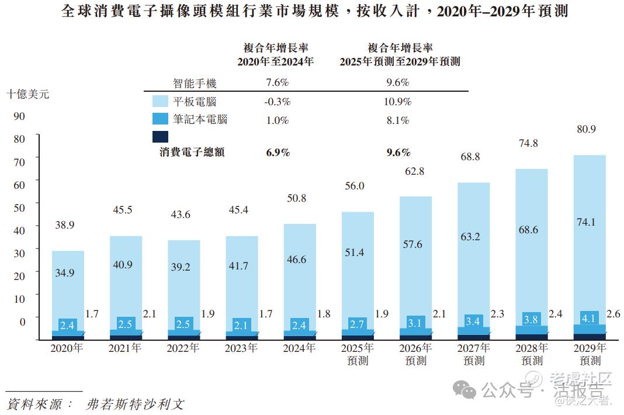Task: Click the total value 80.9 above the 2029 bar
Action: pyautogui.click(x=585, y=129)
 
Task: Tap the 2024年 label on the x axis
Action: pyautogui.click(x=299, y=348)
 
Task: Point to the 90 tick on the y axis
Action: pyautogui.click(x=19, y=116)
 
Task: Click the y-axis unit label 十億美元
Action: pyautogui.click(x=27, y=94)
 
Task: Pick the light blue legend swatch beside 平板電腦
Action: pyautogui.click(x=160, y=101)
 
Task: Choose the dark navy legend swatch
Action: pyautogui.click(x=160, y=137)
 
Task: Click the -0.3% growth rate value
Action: pyautogui.click(x=277, y=101)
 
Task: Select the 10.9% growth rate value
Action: pyautogui.click(x=397, y=101)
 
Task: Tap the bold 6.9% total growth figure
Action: pyautogui.click(x=278, y=153)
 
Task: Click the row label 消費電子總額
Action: pyautogui.click(x=192, y=153)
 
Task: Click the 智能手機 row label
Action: pyautogui.click(x=195, y=83)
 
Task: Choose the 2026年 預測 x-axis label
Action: pyautogui.click(x=415, y=354)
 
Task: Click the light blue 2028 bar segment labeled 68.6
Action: pyautogui.click(x=528, y=230)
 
